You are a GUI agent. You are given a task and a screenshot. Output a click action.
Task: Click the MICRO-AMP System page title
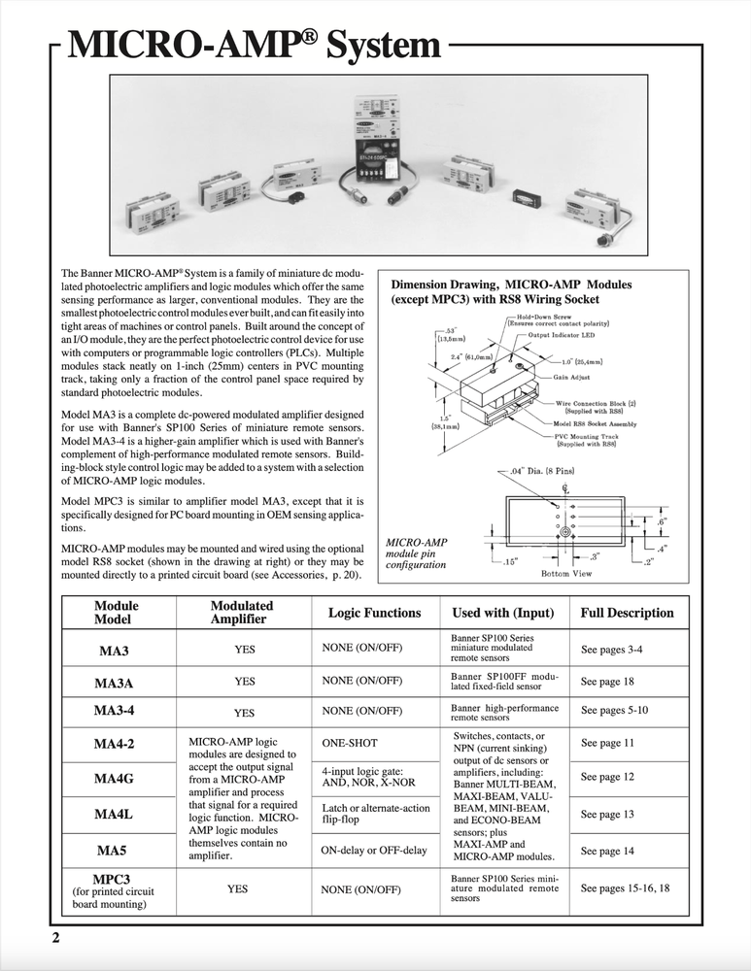(x=250, y=45)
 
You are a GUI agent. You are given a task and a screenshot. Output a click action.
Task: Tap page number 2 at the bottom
(x=56, y=938)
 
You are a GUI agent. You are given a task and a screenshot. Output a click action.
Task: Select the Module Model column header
(x=117, y=613)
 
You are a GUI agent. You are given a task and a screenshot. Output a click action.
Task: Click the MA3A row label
(x=114, y=683)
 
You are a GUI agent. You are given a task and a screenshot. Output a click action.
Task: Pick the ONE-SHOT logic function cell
(x=350, y=743)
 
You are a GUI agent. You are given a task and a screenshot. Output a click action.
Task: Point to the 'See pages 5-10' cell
(x=614, y=711)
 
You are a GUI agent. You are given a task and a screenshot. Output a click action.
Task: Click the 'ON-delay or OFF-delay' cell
(x=373, y=851)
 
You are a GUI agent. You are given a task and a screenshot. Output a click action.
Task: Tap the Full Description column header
(x=627, y=613)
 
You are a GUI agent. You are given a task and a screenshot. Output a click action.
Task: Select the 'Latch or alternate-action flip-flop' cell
(x=375, y=815)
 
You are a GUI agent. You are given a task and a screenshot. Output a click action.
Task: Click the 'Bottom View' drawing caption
(x=567, y=574)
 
